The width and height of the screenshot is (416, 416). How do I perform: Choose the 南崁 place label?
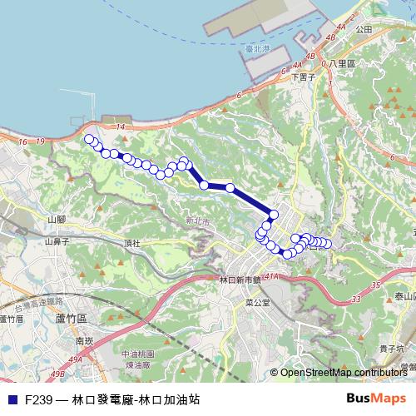(x=84, y=340)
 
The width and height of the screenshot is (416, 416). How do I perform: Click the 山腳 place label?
(x=57, y=219)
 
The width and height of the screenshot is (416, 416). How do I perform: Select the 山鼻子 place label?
(x=56, y=242)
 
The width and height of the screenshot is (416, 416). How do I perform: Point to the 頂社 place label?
(x=131, y=243)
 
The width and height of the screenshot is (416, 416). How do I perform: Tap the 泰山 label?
(x=404, y=296)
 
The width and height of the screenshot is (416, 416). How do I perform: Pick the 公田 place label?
(x=363, y=29)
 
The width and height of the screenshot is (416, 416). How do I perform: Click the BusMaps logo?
(x=377, y=399)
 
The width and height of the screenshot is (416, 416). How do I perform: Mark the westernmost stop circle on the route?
(x=89, y=139)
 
